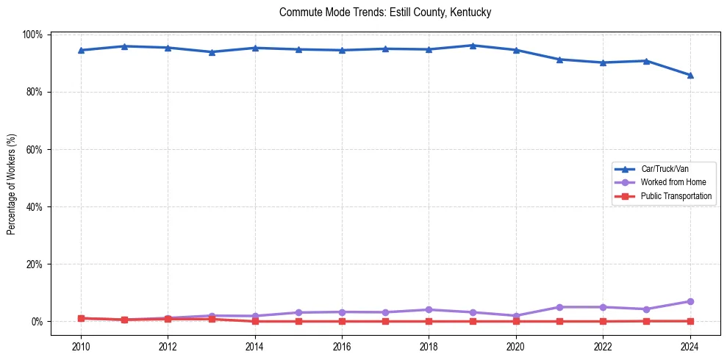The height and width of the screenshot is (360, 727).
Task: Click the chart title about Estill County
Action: click(x=385, y=12)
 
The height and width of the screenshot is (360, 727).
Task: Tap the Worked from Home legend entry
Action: click(x=673, y=182)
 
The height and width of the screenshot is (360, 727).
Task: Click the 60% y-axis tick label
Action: click(x=35, y=149)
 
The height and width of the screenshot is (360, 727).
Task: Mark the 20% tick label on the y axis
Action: click(x=35, y=264)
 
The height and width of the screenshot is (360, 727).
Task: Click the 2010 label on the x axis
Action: click(x=81, y=347)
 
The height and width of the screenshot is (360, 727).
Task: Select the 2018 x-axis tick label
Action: click(x=429, y=347)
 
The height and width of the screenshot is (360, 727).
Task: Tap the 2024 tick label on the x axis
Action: click(x=690, y=347)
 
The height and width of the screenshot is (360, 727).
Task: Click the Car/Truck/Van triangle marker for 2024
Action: click(x=690, y=75)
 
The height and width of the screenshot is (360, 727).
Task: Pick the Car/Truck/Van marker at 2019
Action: click(x=473, y=46)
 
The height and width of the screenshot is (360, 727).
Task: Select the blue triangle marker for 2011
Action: click(x=125, y=46)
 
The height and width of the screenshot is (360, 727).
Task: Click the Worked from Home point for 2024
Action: click(x=690, y=301)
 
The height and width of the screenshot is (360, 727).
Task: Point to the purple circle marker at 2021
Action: click(x=559, y=307)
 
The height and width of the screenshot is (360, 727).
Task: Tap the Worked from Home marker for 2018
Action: click(x=429, y=309)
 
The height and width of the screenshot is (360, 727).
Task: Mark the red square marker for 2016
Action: click(x=342, y=321)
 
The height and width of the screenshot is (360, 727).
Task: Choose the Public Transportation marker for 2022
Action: click(x=603, y=321)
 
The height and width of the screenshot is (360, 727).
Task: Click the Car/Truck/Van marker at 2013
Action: click(x=212, y=52)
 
